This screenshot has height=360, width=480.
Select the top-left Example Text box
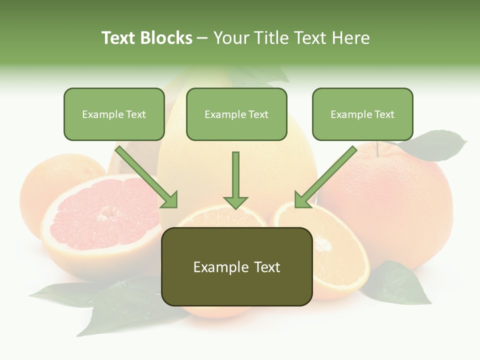point(114,114)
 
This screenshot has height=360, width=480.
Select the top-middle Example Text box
point(236,114)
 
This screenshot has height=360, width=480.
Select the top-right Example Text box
point(362,114)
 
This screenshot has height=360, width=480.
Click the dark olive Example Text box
point(236,267)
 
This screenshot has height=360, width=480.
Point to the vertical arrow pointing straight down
point(235,180)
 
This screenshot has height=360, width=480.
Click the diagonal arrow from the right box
point(325,177)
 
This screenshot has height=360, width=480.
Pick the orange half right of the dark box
point(335,250)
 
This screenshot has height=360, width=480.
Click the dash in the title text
point(202,38)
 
